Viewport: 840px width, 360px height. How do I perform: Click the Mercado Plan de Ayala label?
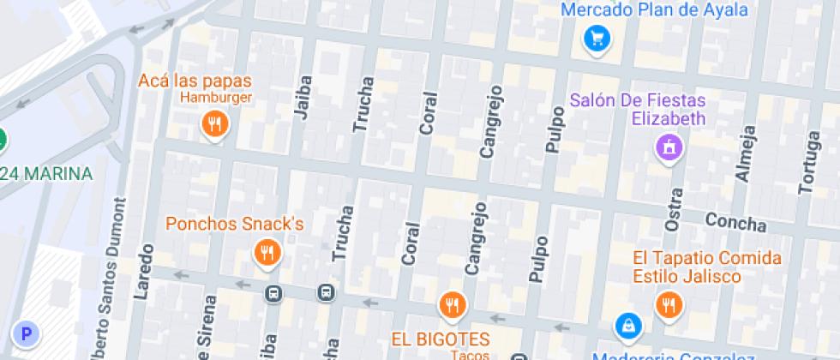coord(655,10)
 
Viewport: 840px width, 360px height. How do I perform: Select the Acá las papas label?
coord(195,81)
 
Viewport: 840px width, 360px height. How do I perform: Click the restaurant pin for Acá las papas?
coord(214,125)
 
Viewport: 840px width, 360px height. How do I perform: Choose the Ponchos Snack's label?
coord(235,225)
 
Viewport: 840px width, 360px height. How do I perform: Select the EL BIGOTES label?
coord(441,339)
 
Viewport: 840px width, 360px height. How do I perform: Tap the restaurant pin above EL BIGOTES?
coord(452,303)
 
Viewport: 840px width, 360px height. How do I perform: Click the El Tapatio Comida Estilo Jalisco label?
coord(707,267)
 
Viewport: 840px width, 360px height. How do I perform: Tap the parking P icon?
coord(27,334)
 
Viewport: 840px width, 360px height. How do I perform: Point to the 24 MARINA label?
coord(47,174)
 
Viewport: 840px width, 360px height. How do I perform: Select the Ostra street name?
coord(673,211)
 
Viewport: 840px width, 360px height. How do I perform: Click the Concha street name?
coord(735,222)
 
